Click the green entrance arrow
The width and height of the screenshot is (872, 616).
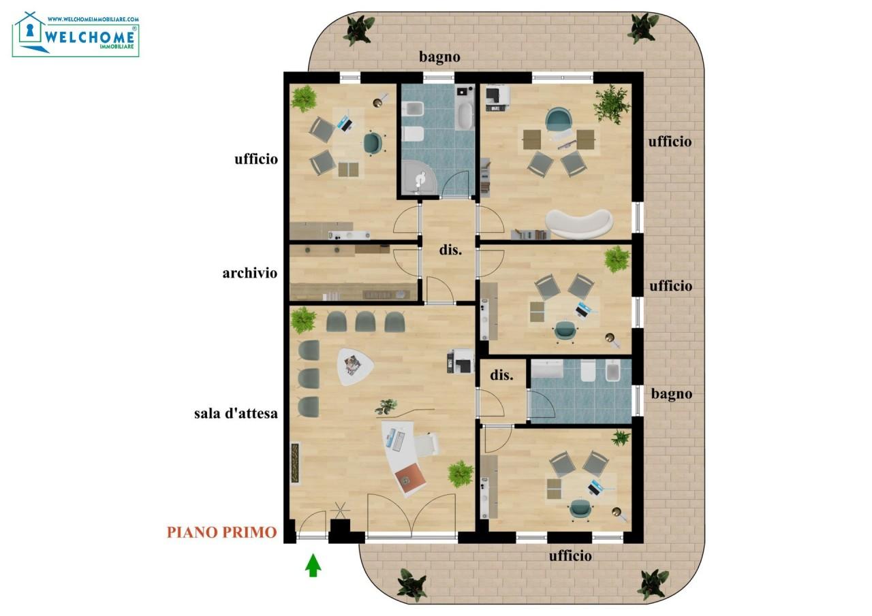point(313,566)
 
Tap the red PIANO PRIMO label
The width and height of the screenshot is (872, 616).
point(222,532)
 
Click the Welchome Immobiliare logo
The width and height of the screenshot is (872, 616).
point(76,35)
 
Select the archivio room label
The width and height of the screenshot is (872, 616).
point(250,273)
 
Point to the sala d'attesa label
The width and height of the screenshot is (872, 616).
point(236,413)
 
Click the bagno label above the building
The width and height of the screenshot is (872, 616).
point(439,57)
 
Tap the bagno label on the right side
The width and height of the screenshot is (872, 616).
point(672,394)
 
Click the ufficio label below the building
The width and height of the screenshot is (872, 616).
point(570,555)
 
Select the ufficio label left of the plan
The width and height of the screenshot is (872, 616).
point(256,159)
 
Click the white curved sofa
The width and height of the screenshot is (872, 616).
point(579,224)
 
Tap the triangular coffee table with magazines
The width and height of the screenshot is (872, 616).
point(354,366)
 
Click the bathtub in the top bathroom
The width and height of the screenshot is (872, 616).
point(465,116)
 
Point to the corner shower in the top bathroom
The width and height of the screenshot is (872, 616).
point(419,177)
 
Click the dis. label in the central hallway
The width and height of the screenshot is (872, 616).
point(450,250)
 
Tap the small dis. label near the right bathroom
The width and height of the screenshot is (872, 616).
point(501,375)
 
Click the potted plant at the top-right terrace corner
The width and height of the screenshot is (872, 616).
point(642,28)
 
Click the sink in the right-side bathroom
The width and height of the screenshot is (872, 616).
point(547,369)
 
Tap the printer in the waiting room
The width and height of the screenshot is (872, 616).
point(461,361)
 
